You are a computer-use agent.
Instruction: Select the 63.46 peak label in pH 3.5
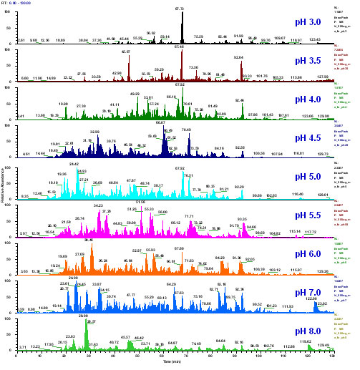click(x=179, y=47)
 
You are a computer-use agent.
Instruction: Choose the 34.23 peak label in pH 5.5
click(x=99, y=205)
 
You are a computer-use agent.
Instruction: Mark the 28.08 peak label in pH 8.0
click(x=83, y=316)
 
